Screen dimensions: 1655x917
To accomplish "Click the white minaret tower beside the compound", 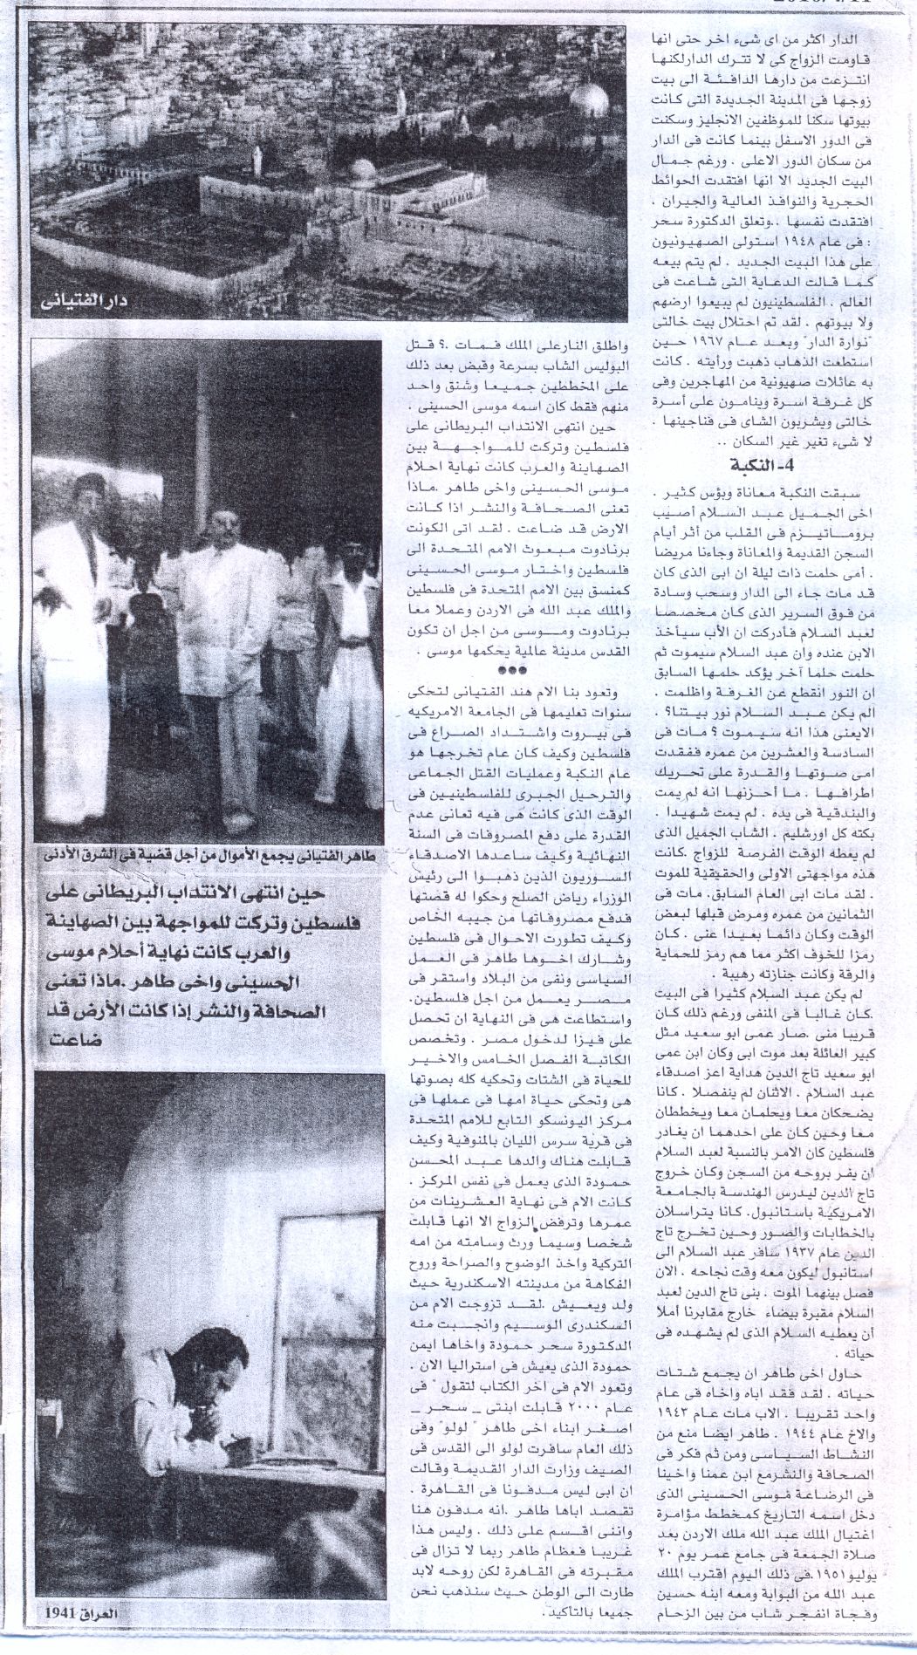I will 258,157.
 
